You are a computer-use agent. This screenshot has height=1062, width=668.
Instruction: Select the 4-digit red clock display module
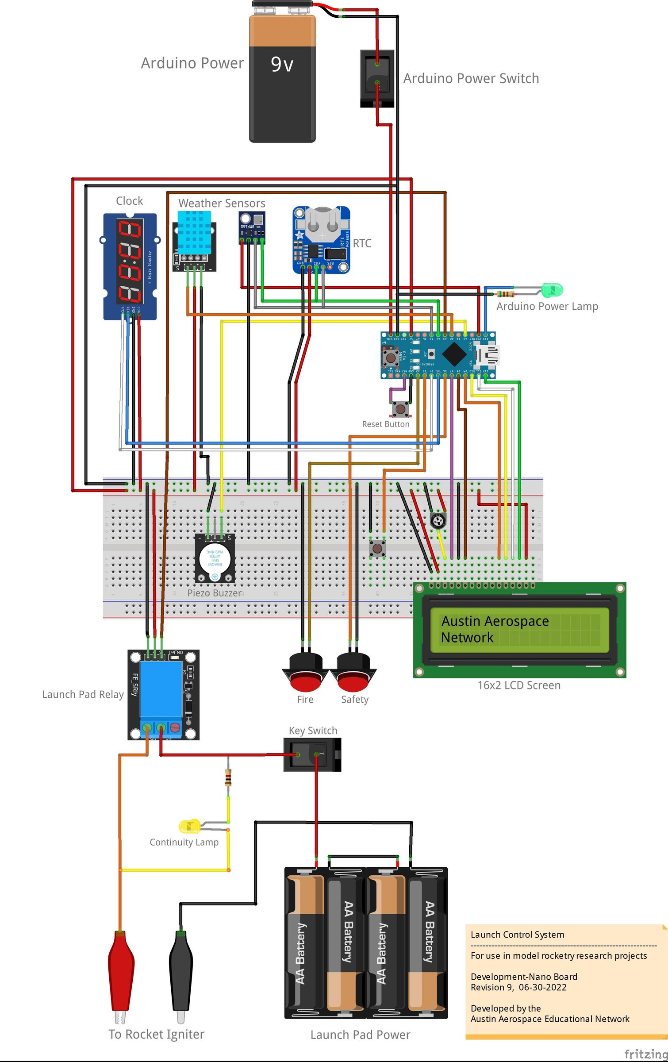point(129,261)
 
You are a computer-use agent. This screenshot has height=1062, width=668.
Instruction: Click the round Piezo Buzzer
point(215,558)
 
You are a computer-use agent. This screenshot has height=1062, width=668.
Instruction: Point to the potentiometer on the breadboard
point(438,520)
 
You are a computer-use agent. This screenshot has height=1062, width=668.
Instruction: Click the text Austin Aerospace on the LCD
point(495,621)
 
